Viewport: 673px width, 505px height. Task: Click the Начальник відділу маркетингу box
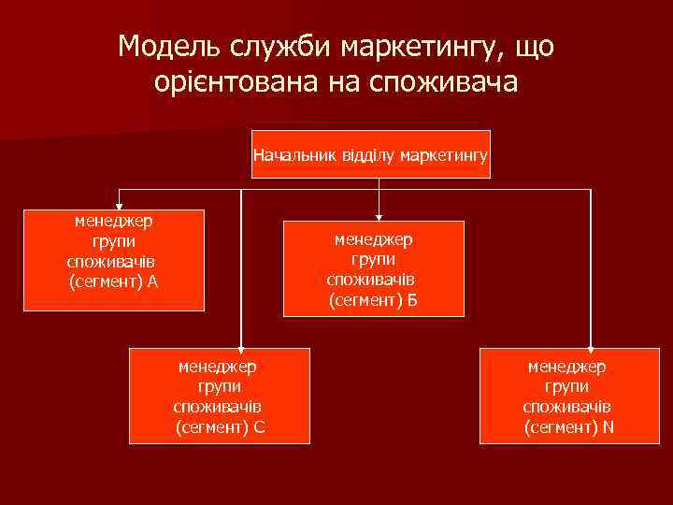(371, 153)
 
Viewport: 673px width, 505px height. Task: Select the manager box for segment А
(114, 259)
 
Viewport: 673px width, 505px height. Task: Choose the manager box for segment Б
(374, 267)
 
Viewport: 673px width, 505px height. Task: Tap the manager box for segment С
(220, 394)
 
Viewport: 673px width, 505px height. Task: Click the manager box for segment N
(568, 395)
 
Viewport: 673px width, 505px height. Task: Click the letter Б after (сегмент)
(413, 300)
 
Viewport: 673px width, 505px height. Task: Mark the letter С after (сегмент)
(259, 428)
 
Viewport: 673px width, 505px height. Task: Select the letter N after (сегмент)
(609, 428)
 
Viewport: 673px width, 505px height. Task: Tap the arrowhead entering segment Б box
(379, 213)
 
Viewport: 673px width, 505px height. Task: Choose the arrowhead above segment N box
(591, 341)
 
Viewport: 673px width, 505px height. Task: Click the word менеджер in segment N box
(566, 367)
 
